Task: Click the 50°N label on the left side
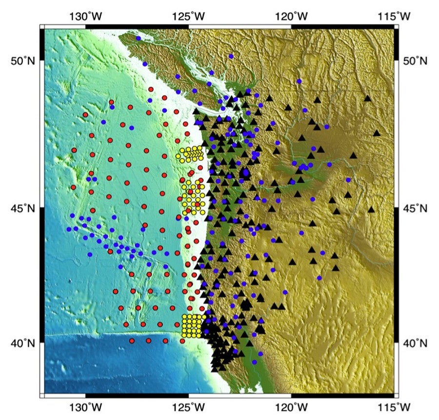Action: point(22,61)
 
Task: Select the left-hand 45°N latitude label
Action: point(22,209)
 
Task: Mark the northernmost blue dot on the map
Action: point(139,38)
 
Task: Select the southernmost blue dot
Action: point(254,362)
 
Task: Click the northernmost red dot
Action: point(151,89)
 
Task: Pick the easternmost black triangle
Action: point(377,133)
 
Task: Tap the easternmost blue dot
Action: point(348,180)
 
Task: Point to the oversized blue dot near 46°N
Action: point(246,172)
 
